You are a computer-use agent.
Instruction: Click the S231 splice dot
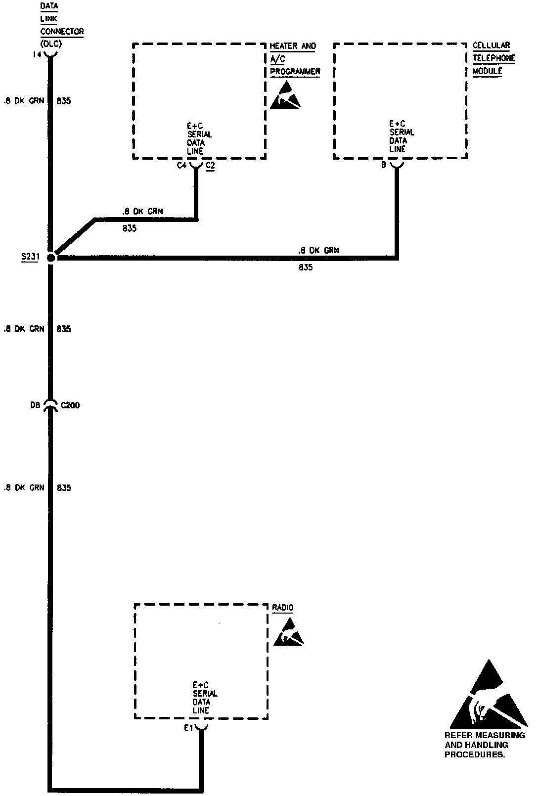(x=51, y=257)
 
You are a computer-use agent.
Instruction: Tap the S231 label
(x=30, y=257)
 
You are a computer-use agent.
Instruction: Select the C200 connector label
(x=70, y=405)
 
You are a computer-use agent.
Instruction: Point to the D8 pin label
(x=35, y=405)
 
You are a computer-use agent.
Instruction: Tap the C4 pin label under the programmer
(x=181, y=166)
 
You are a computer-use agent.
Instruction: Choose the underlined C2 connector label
(x=210, y=166)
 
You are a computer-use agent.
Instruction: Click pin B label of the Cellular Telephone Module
(x=383, y=165)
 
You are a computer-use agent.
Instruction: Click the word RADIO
(x=283, y=608)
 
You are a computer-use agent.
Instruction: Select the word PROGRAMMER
(x=295, y=71)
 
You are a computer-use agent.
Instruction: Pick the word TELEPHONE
(x=493, y=58)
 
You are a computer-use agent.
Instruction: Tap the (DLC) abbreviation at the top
(x=50, y=44)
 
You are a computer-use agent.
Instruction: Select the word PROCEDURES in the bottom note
(x=474, y=755)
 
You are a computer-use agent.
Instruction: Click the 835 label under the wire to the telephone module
(x=305, y=268)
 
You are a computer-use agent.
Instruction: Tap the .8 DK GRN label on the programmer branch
(x=142, y=212)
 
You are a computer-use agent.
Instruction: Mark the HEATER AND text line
(x=292, y=46)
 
